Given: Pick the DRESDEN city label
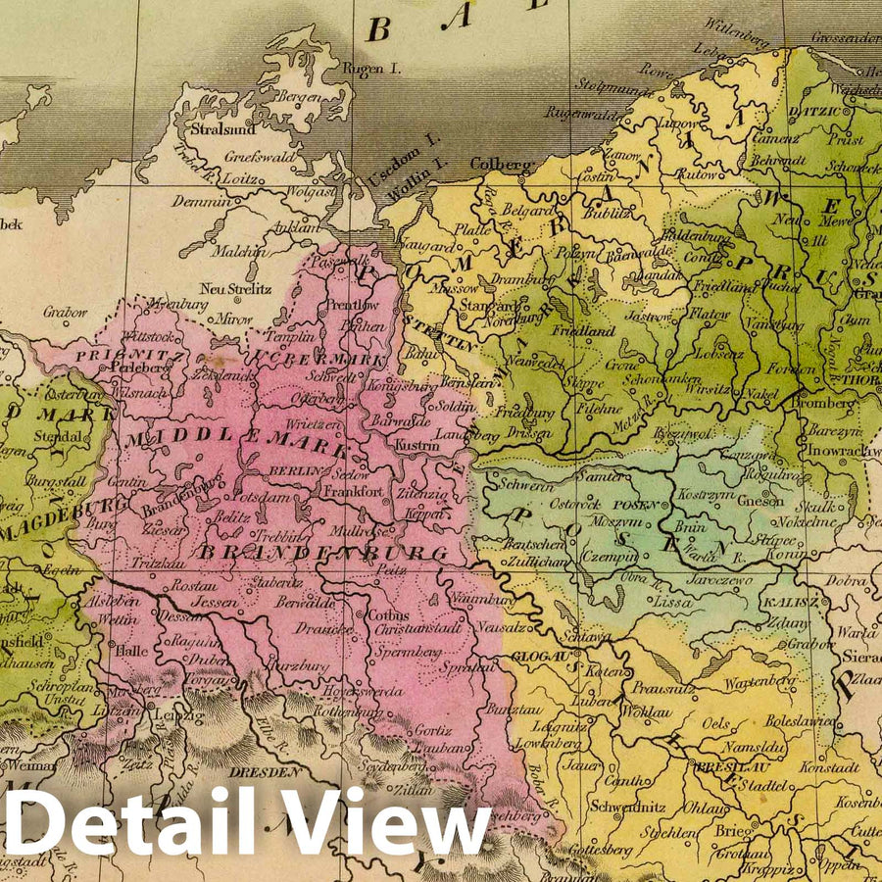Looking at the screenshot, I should click(266, 772).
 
